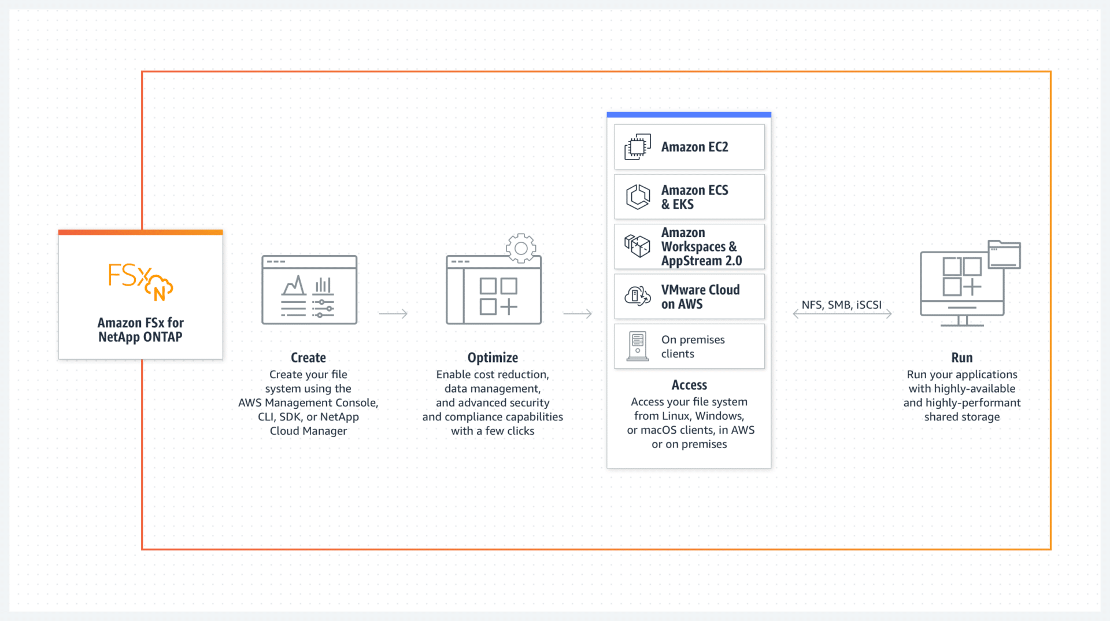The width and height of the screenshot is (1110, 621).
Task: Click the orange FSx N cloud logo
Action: (x=140, y=282)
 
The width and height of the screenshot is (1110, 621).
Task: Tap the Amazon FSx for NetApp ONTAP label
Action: (x=140, y=330)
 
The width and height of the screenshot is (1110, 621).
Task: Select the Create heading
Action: (x=308, y=358)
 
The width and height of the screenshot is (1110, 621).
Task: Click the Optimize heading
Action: (x=493, y=358)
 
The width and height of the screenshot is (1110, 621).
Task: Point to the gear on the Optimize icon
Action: (x=521, y=248)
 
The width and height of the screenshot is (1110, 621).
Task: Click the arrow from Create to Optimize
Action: (x=393, y=313)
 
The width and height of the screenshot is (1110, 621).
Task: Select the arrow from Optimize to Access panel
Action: (x=578, y=313)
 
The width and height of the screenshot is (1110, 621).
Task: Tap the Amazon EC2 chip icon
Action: (x=638, y=147)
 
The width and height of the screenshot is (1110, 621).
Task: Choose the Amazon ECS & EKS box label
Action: (x=695, y=197)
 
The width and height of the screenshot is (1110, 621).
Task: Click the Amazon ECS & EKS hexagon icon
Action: (x=638, y=197)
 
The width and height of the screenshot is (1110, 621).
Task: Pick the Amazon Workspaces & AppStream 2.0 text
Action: (x=701, y=247)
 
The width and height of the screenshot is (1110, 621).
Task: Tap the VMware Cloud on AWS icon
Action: (x=638, y=296)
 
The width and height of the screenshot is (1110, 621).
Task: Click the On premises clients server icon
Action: (x=638, y=346)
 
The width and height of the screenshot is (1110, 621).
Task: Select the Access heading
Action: (x=689, y=385)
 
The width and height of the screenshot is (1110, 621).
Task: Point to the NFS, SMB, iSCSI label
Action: (x=842, y=305)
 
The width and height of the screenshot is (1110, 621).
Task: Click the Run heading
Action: (x=962, y=358)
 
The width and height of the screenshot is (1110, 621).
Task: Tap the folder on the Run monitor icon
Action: (x=1004, y=254)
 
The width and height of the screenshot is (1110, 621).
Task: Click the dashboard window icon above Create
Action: (x=309, y=290)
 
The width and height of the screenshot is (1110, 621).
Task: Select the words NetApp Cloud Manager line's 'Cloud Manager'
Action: (x=308, y=431)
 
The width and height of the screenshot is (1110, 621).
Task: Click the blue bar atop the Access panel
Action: (x=689, y=114)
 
